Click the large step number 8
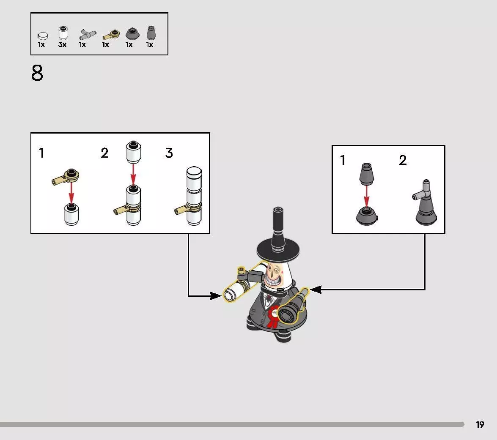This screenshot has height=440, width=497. pyautogui.click(x=37, y=73)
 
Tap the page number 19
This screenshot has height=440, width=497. pyautogui.click(x=480, y=424)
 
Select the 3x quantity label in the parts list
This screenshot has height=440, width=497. pyautogui.click(x=62, y=45)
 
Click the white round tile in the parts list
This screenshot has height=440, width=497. pyautogui.click(x=43, y=36)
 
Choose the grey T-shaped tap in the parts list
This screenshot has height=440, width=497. pyautogui.click(x=87, y=34)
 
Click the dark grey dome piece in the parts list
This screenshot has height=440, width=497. pyautogui.click(x=132, y=33)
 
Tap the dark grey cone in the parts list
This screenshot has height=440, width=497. pyautogui.click(x=151, y=33)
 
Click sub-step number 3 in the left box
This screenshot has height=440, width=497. pyautogui.click(x=169, y=153)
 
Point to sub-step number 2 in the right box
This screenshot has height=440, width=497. pyautogui.click(x=403, y=160)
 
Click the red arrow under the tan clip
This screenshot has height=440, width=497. pyautogui.click(x=71, y=192)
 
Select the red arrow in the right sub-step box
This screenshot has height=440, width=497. pyautogui.click(x=366, y=196)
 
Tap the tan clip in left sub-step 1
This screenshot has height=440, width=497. pyautogui.click(x=66, y=176)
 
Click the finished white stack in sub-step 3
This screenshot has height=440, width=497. pyautogui.click(x=193, y=196)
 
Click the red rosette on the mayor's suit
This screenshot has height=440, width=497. pyautogui.click(x=272, y=317)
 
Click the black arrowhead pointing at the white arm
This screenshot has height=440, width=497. pyautogui.click(x=216, y=296)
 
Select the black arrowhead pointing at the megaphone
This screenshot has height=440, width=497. pyautogui.click(x=316, y=289)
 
